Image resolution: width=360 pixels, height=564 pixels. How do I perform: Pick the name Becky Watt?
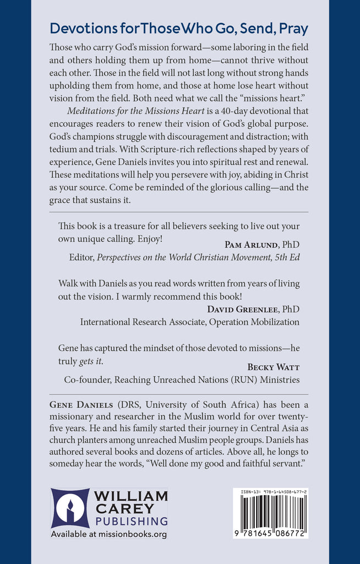click(273, 366)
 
